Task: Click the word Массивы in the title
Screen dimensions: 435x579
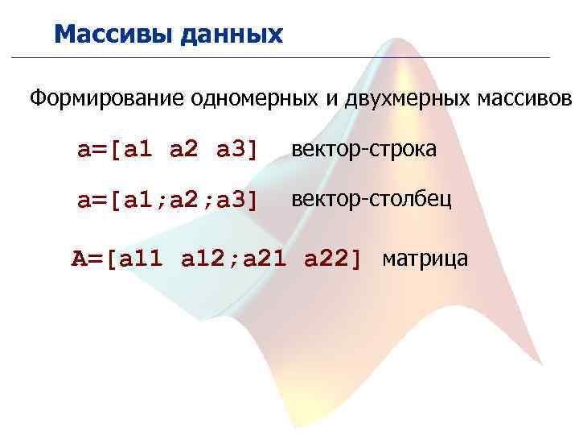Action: [112, 34]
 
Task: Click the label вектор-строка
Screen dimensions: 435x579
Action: [364, 149]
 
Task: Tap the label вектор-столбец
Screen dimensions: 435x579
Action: [371, 199]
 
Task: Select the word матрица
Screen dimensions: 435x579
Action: [425, 259]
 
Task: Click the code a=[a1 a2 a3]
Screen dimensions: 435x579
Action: [167, 150]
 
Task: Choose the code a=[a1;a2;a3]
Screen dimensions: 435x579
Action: [167, 200]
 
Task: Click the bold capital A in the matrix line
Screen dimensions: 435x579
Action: [78, 259]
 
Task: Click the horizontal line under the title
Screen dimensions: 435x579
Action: [281, 57]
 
